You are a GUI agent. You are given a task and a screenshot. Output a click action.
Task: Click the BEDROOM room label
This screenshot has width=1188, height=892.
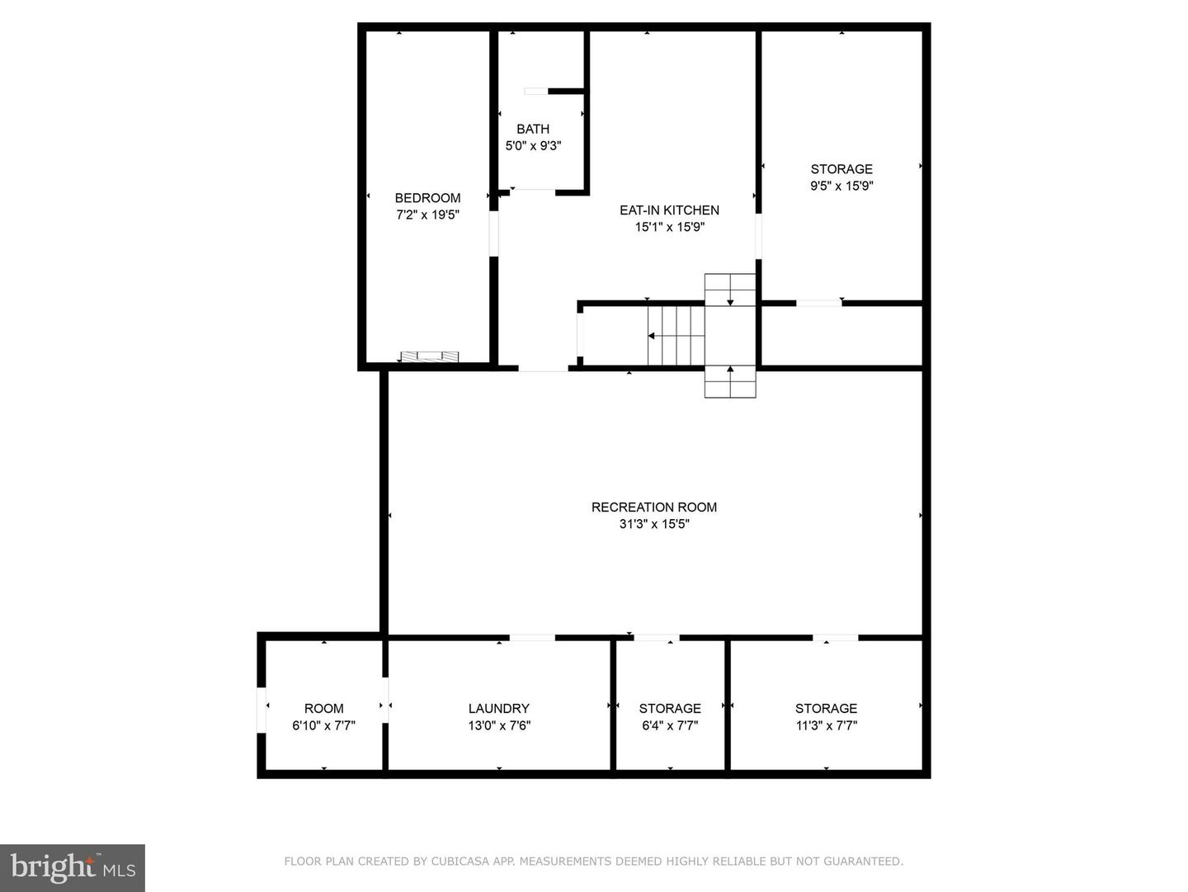427,198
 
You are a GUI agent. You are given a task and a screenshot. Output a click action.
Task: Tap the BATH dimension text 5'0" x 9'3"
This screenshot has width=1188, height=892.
533,145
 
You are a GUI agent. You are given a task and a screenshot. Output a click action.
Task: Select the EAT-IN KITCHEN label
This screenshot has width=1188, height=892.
670,210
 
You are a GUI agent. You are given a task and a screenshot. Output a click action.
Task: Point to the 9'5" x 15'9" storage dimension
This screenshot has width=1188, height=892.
841,186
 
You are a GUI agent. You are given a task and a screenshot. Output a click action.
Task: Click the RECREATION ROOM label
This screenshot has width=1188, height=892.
653,507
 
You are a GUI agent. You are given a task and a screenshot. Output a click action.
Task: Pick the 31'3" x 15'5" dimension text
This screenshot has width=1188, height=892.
654,524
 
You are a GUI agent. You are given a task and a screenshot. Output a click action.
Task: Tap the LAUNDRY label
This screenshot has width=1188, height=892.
499,709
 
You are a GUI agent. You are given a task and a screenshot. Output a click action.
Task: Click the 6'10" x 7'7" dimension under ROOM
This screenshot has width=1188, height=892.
323,725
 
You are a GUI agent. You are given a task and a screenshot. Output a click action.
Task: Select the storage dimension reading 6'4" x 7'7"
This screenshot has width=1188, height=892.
670,725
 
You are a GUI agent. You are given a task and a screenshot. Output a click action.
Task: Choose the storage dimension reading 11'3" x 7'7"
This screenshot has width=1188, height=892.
827,725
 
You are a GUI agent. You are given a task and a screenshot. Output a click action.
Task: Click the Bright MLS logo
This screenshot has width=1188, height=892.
73,867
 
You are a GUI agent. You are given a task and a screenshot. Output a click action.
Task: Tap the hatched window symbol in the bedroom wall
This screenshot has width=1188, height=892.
429,356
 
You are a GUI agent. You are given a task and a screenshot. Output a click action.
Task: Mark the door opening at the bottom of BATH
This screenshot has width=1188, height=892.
533,191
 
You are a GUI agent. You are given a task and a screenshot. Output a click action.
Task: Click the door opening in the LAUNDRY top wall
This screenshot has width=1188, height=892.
533,638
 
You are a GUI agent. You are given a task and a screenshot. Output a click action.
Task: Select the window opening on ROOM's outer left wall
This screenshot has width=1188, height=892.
262,710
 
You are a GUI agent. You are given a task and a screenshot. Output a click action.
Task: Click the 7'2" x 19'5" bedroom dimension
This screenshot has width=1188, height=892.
427,215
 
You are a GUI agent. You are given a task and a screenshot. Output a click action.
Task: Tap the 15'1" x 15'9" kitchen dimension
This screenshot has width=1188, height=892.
670,227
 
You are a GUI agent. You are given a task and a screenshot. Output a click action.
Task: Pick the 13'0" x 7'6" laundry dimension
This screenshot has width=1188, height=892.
499,725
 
